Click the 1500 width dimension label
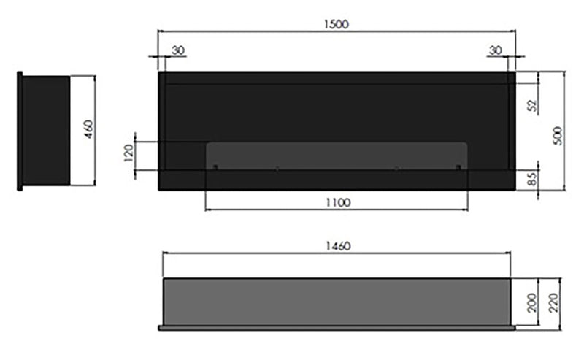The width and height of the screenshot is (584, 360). pos(336,23)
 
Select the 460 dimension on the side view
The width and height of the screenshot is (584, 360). pos(88,130)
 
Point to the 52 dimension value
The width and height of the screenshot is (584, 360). pos(532,105)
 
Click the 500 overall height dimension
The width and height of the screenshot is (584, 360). pos(558,134)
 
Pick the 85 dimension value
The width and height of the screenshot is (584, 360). pos(532,177)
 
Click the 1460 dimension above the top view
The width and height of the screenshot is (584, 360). pos(336,246)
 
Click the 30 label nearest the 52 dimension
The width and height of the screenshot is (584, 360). pos(496,50)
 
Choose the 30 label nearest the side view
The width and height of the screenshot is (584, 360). pos(178,50)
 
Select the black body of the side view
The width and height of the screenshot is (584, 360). pos(46,130)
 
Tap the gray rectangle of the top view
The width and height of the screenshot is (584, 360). pos(336,301)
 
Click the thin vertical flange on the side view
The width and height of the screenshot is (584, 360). pos(20,130)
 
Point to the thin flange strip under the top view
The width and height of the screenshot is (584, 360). pos(336,327)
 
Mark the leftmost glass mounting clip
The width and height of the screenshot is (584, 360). pos(215,169)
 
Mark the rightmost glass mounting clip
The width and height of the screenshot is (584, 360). pos(458,169)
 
